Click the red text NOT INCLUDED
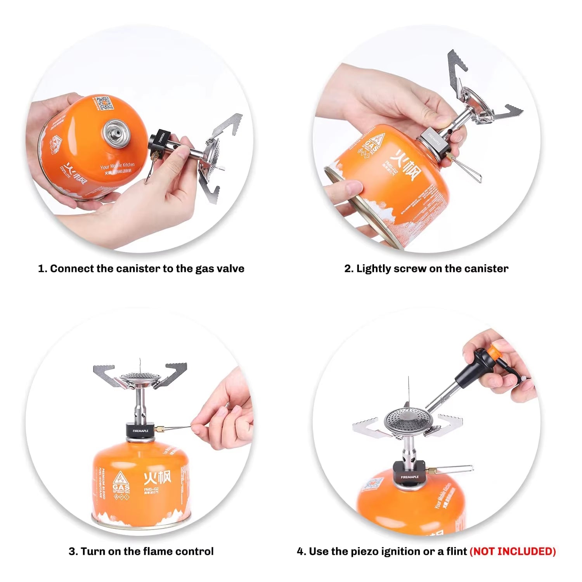click(x=513, y=551)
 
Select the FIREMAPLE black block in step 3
click(x=140, y=431)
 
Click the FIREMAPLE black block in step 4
click(x=409, y=474)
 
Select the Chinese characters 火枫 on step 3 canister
click(x=157, y=478)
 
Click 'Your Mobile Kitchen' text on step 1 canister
click(x=117, y=166)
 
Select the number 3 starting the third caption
click(x=72, y=551)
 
